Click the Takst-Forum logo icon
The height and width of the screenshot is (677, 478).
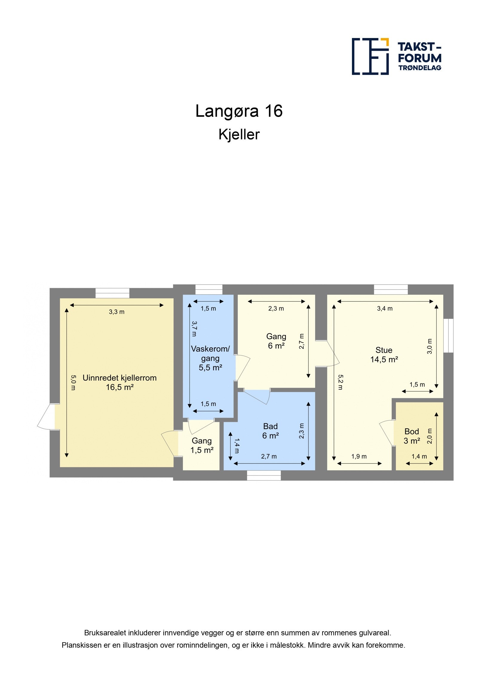(x=370, y=56)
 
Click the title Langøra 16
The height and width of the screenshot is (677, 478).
(x=239, y=111)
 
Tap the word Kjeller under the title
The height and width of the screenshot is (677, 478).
(x=239, y=134)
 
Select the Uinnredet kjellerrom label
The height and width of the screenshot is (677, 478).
(x=119, y=378)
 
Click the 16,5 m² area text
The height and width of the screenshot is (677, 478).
(x=119, y=387)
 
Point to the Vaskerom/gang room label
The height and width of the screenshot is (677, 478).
(x=210, y=353)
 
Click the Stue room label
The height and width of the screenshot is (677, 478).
(x=384, y=350)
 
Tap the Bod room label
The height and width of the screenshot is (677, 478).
(x=412, y=431)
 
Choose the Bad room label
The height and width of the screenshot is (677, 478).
(x=270, y=426)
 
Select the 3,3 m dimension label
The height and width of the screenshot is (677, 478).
(x=117, y=312)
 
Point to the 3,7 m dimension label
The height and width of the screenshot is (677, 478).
(x=194, y=329)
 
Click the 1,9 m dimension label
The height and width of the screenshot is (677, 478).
(x=359, y=457)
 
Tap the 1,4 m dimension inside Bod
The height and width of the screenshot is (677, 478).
(x=419, y=457)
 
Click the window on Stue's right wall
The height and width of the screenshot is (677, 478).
(x=448, y=335)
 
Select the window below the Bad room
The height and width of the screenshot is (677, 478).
(x=264, y=475)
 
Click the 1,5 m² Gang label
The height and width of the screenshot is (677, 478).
(x=202, y=445)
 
